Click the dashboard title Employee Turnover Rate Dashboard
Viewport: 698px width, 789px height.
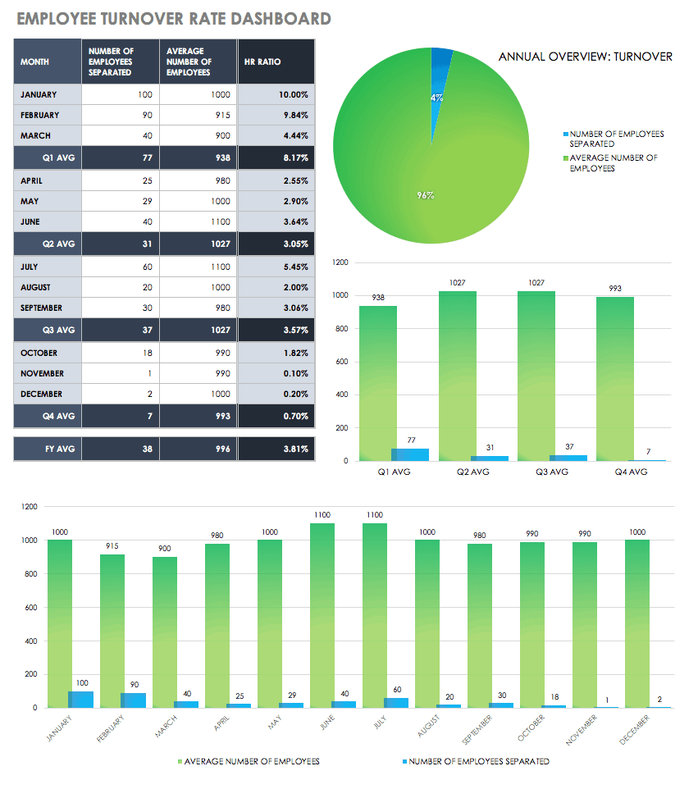click(x=173, y=19)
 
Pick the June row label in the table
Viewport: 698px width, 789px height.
click(x=30, y=222)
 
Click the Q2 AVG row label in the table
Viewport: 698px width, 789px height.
click(x=58, y=244)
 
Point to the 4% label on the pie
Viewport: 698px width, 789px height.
click(x=437, y=98)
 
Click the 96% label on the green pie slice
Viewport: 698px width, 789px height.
click(x=425, y=195)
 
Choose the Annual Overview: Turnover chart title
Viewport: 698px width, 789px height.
click(x=586, y=57)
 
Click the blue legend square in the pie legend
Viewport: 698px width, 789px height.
click(x=565, y=134)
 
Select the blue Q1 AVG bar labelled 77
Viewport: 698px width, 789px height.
click(x=409, y=454)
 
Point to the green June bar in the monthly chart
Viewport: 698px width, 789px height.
click(x=322, y=615)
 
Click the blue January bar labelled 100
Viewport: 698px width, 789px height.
click(x=80, y=699)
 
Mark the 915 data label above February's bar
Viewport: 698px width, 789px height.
click(x=112, y=546)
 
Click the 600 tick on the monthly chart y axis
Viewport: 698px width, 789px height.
click(x=30, y=608)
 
